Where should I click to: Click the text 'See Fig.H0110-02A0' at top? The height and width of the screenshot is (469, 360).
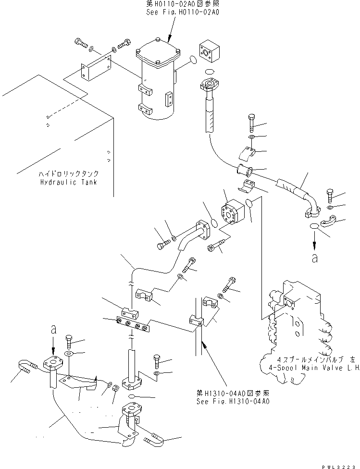[182, 12]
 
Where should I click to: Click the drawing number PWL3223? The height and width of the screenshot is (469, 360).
[339, 464]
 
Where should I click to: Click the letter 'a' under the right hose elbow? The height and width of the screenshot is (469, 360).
[314, 258]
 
